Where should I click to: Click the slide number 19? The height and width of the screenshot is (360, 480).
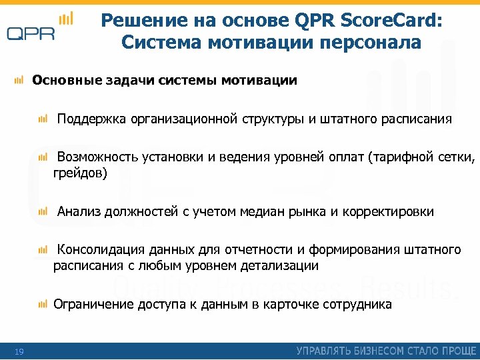pos(19,352)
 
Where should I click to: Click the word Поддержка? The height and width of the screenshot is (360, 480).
pos(89,119)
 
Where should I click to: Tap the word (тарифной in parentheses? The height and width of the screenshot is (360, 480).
pos(406,158)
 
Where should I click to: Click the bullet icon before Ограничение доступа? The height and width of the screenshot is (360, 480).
pos(43,304)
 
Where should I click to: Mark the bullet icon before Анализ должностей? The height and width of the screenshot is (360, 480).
pos(43,211)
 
